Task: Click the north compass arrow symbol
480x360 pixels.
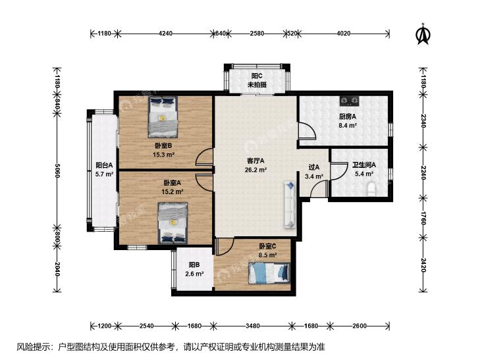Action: pyautogui.click(x=423, y=34)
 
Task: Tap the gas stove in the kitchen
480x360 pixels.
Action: pyautogui.click(x=349, y=100)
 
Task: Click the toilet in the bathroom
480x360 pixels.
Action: pyautogui.click(x=371, y=189)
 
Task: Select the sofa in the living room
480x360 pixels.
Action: pyautogui.click(x=290, y=205)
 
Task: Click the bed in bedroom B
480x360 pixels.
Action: pyautogui.click(x=163, y=117)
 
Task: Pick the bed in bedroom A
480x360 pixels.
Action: pyautogui.click(x=173, y=223)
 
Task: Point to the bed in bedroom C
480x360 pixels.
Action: pyautogui.click(x=269, y=273)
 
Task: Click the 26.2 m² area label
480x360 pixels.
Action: pyautogui.click(x=255, y=170)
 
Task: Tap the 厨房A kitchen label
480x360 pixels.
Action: pyautogui.click(x=348, y=116)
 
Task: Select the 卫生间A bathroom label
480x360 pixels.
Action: pyautogui.click(x=364, y=165)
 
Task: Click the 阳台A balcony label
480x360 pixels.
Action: pyautogui.click(x=104, y=165)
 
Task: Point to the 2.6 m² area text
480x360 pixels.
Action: pyautogui.click(x=194, y=274)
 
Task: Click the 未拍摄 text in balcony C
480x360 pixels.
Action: pyautogui.click(x=257, y=85)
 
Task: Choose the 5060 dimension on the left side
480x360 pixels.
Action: pyautogui.click(x=57, y=170)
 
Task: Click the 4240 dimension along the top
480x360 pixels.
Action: pyautogui.click(x=166, y=34)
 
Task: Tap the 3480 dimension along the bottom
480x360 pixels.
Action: pyautogui.click(x=253, y=326)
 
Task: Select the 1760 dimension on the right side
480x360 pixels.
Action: pyautogui.click(x=423, y=217)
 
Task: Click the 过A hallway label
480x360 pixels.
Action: pyautogui.click(x=314, y=167)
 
